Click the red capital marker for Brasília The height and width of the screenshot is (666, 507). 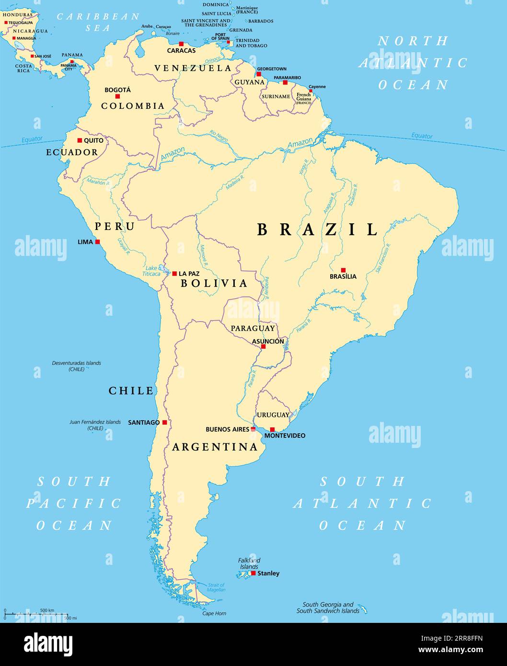(343, 270)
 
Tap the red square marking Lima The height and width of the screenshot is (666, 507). (98, 242)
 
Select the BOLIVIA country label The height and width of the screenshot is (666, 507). (214, 283)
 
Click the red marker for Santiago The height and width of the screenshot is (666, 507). (164, 422)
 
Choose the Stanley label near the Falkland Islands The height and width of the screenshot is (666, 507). (268, 573)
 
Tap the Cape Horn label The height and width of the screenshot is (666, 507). (214, 613)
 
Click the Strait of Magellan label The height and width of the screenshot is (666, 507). (217, 587)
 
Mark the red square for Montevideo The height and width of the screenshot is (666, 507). (272, 429)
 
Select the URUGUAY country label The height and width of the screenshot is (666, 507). (273, 415)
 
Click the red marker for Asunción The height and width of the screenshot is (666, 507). (263, 346)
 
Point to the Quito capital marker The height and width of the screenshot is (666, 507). (80, 140)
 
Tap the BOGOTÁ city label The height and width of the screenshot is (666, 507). (117, 90)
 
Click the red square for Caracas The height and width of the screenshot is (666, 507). (181, 44)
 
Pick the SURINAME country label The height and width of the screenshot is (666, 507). (276, 96)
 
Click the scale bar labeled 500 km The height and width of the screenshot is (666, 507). (36, 613)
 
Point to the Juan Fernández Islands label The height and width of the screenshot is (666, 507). (95, 425)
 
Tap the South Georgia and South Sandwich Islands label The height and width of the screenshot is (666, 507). (328, 608)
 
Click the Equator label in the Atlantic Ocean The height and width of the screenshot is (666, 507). (422, 136)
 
